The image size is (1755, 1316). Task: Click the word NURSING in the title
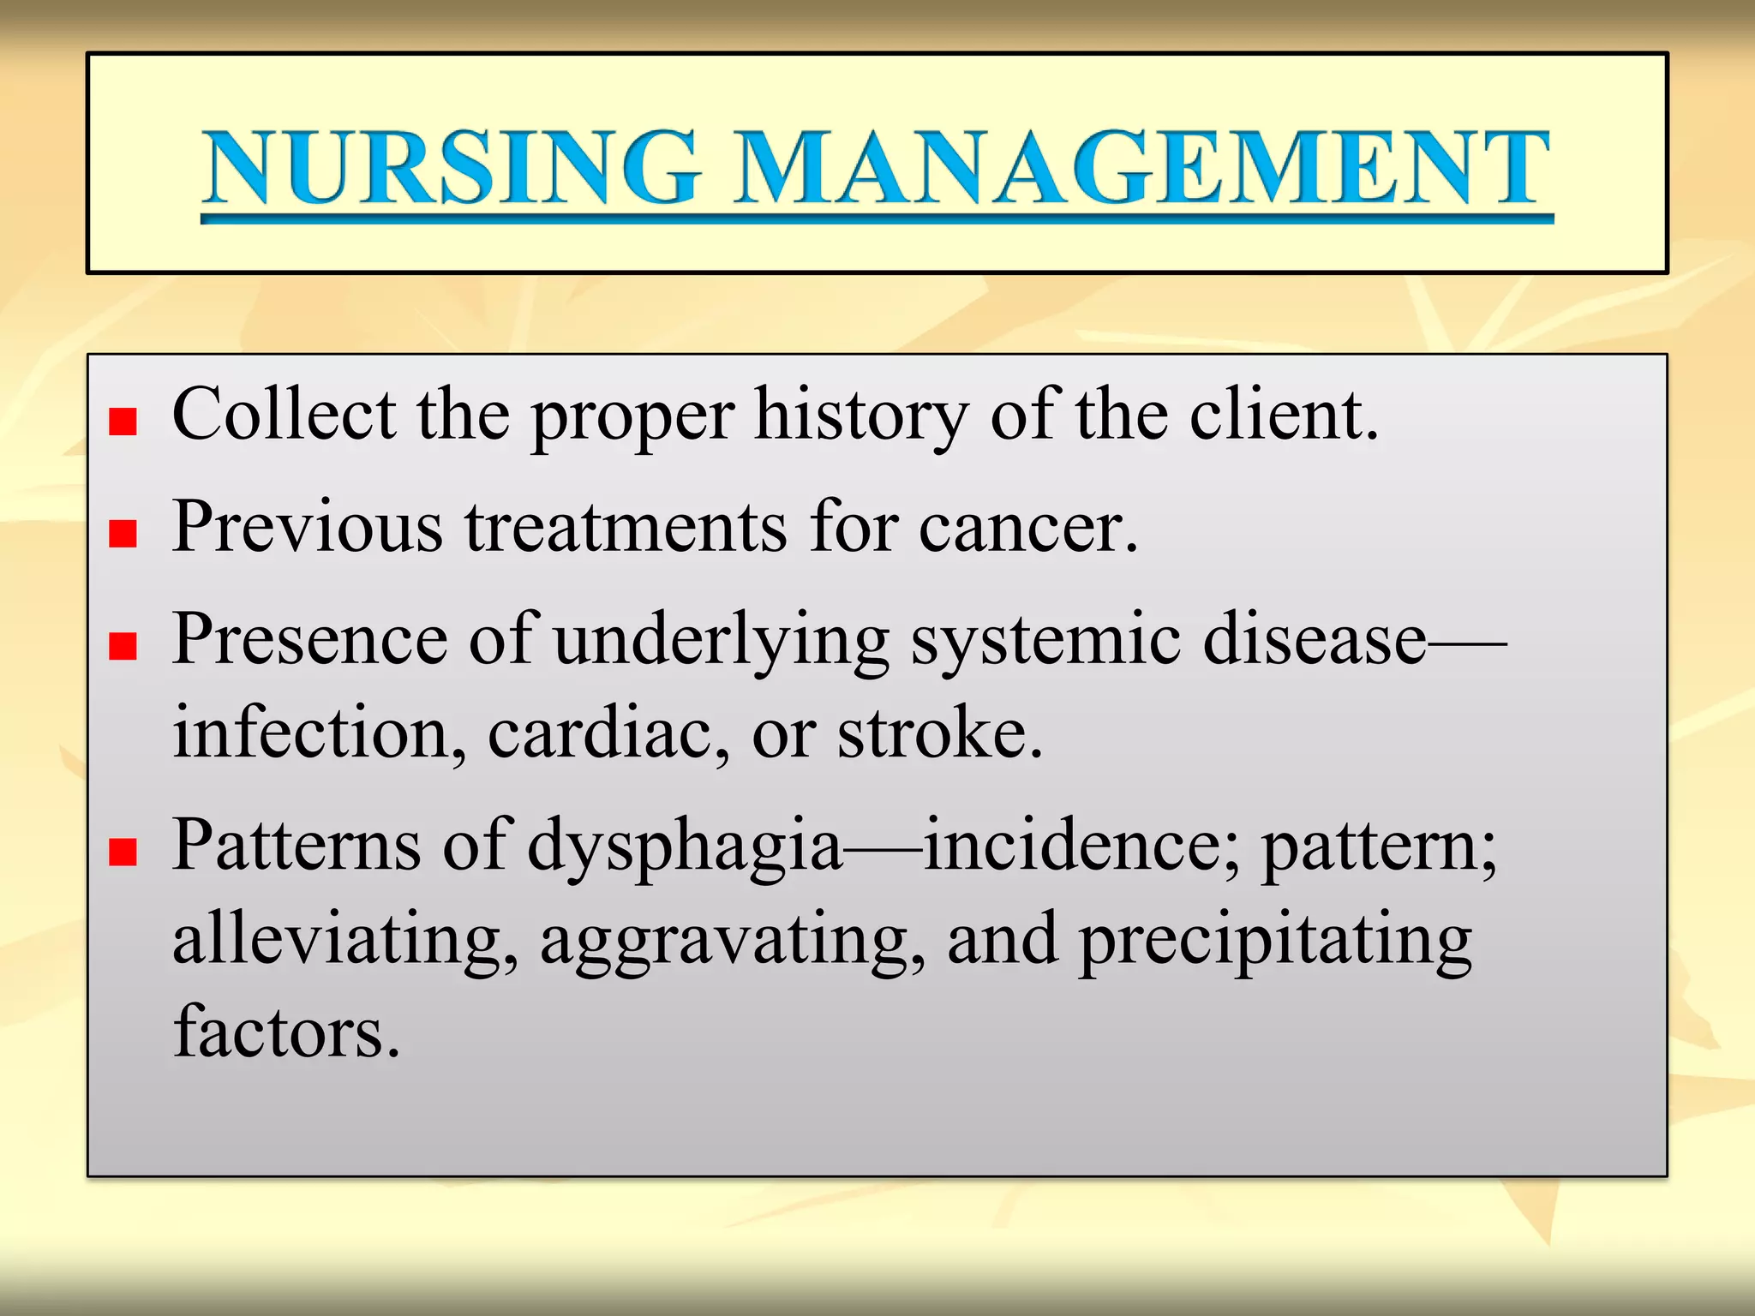(452, 167)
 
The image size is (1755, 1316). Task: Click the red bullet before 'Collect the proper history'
(123, 422)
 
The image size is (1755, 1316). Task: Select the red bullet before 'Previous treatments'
(123, 534)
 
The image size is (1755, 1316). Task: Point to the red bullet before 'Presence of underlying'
(123, 646)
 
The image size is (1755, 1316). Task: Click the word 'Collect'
(284, 415)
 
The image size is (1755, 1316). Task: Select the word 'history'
(861, 416)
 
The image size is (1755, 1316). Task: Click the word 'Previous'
(308, 526)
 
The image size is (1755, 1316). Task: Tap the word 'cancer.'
(1028, 528)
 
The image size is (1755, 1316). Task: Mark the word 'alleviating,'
(345, 941)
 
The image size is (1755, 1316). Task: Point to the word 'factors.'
(286, 1032)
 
